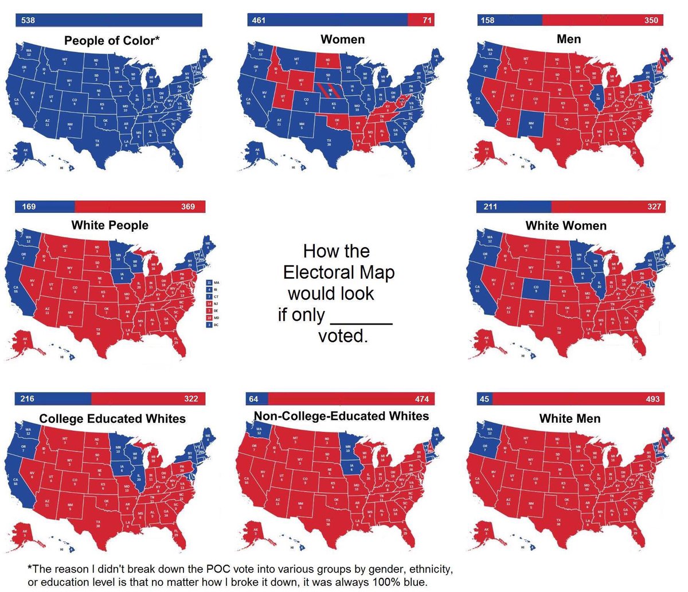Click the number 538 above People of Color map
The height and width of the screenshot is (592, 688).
pos(28,21)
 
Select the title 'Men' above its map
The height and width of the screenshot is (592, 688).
pos(568,39)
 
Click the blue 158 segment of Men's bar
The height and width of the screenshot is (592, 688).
pos(509,21)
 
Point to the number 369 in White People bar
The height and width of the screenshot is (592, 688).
pos(188,207)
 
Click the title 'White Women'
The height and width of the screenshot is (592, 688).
pos(566,225)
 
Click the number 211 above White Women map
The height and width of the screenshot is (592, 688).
pos(490,207)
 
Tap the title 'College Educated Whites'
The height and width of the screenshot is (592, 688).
pos(112,419)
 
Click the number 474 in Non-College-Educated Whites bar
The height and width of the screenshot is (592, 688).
pos(422,399)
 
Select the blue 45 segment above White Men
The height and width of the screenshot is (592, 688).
pos(484,399)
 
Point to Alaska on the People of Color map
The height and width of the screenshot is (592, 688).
pos(24,151)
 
